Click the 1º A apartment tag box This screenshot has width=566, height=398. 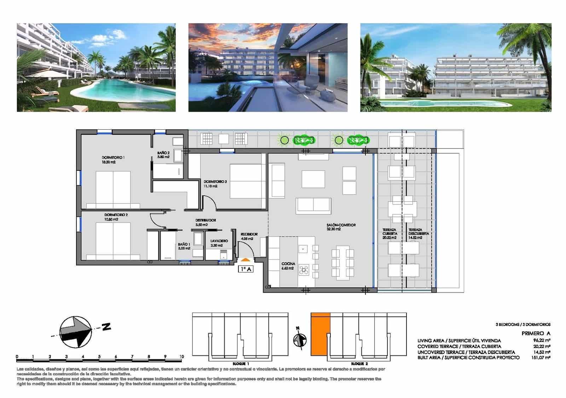[x=246, y=269]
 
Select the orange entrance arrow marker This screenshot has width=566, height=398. [x=246, y=260]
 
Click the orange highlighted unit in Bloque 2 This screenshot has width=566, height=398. [x=320, y=334]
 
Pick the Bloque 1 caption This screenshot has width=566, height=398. [x=241, y=364]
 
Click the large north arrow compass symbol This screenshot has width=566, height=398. [x=75, y=331]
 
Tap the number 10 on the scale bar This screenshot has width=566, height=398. [x=181, y=357]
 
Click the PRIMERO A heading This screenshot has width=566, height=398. [x=536, y=333]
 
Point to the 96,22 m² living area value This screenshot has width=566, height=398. [x=542, y=341]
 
